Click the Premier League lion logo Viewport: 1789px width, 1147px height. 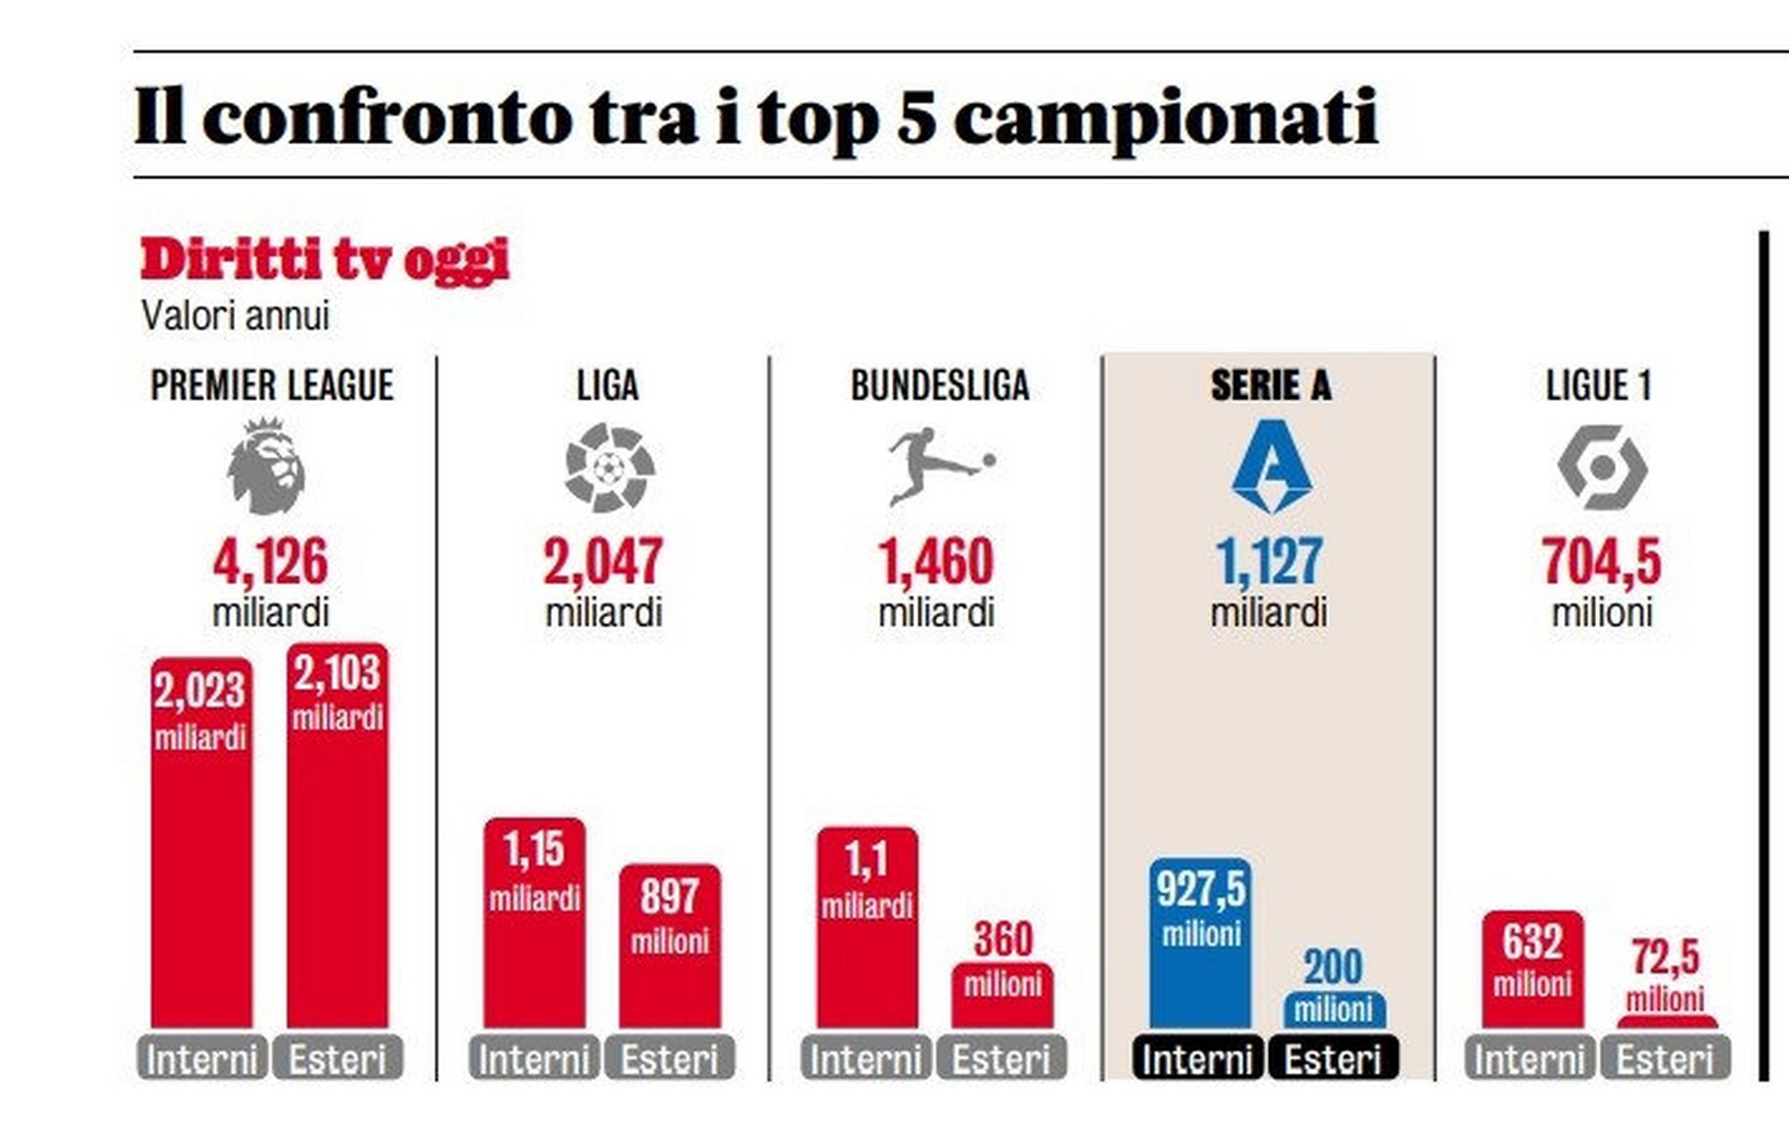(x=266, y=466)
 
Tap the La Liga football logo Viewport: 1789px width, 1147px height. (x=609, y=468)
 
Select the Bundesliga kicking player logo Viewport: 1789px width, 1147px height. (x=939, y=466)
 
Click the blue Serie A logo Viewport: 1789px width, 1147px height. (x=1271, y=466)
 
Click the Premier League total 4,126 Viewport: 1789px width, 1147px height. (x=271, y=562)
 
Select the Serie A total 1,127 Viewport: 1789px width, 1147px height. (x=1269, y=562)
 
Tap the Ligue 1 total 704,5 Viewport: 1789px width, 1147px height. (x=1602, y=562)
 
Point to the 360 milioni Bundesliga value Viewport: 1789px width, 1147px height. (x=1003, y=939)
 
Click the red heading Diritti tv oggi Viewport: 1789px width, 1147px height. (x=324, y=261)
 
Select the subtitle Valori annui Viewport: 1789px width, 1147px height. (x=236, y=316)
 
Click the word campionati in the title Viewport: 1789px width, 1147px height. (x=1165, y=119)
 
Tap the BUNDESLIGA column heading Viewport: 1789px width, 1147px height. (x=939, y=386)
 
